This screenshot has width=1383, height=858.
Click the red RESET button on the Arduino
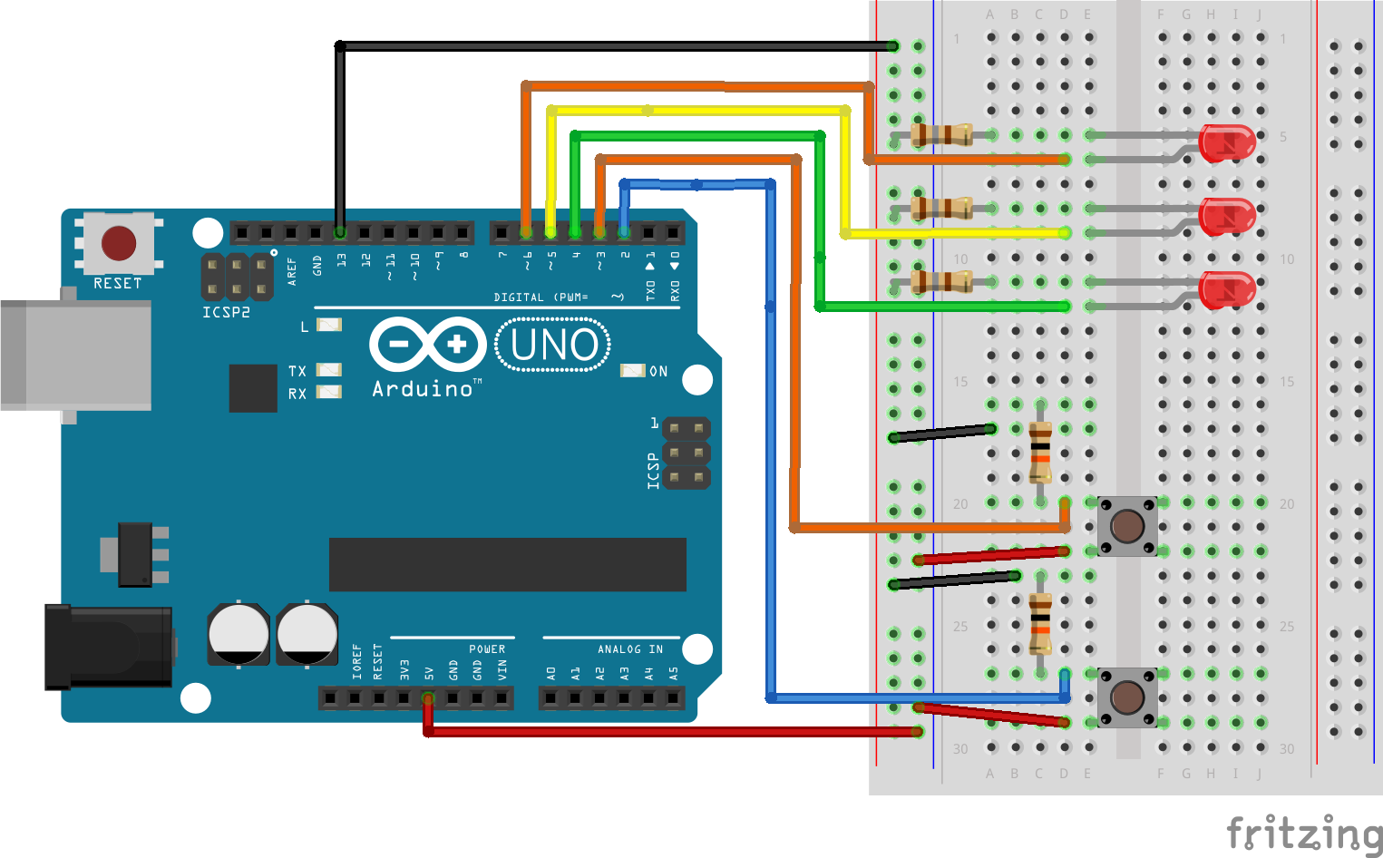pyautogui.click(x=119, y=243)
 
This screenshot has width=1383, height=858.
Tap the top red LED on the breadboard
pyautogui.click(x=1227, y=143)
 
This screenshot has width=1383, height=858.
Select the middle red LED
pyautogui.click(x=1227, y=217)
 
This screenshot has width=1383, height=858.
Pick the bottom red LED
pyautogui.click(x=1227, y=290)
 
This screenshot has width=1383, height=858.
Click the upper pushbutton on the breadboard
pyautogui.click(x=1127, y=526)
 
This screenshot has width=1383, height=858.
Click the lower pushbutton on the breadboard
pyautogui.click(x=1127, y=697)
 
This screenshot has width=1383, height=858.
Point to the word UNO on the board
pyautogui.click(x=553, y=346)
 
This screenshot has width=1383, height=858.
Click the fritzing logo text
pyautogui.click(x=1303, y=833)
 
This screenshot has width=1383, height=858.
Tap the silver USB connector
pyautogui.click(x=76, y=356)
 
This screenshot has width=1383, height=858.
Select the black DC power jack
pyautogui.click(x=109, y=647)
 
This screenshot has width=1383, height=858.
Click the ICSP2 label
pyautogui.click(x=226, y=312)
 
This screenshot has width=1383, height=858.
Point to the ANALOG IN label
pyautogui.click(x=629, y=649)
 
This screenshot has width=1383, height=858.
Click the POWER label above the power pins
pyautogui.click(x=487, y=649)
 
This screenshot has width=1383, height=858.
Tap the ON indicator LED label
pyautogui.click(x=658, y=371)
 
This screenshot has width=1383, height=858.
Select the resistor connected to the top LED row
pyautogui.click(x=941, y=135)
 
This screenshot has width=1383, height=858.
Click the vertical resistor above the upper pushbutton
pyautogui.click(x=1040, y=452)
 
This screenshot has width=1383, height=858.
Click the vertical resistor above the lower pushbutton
pyautogui.click(x=1040, y=623)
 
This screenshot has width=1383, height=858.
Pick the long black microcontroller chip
pyautogui.click(x=507, y=564)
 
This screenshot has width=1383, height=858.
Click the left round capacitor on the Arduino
pyautogui.click(x=239, y=633)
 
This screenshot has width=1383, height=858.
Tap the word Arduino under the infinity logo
pyautogui.click(x=423, y=389)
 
